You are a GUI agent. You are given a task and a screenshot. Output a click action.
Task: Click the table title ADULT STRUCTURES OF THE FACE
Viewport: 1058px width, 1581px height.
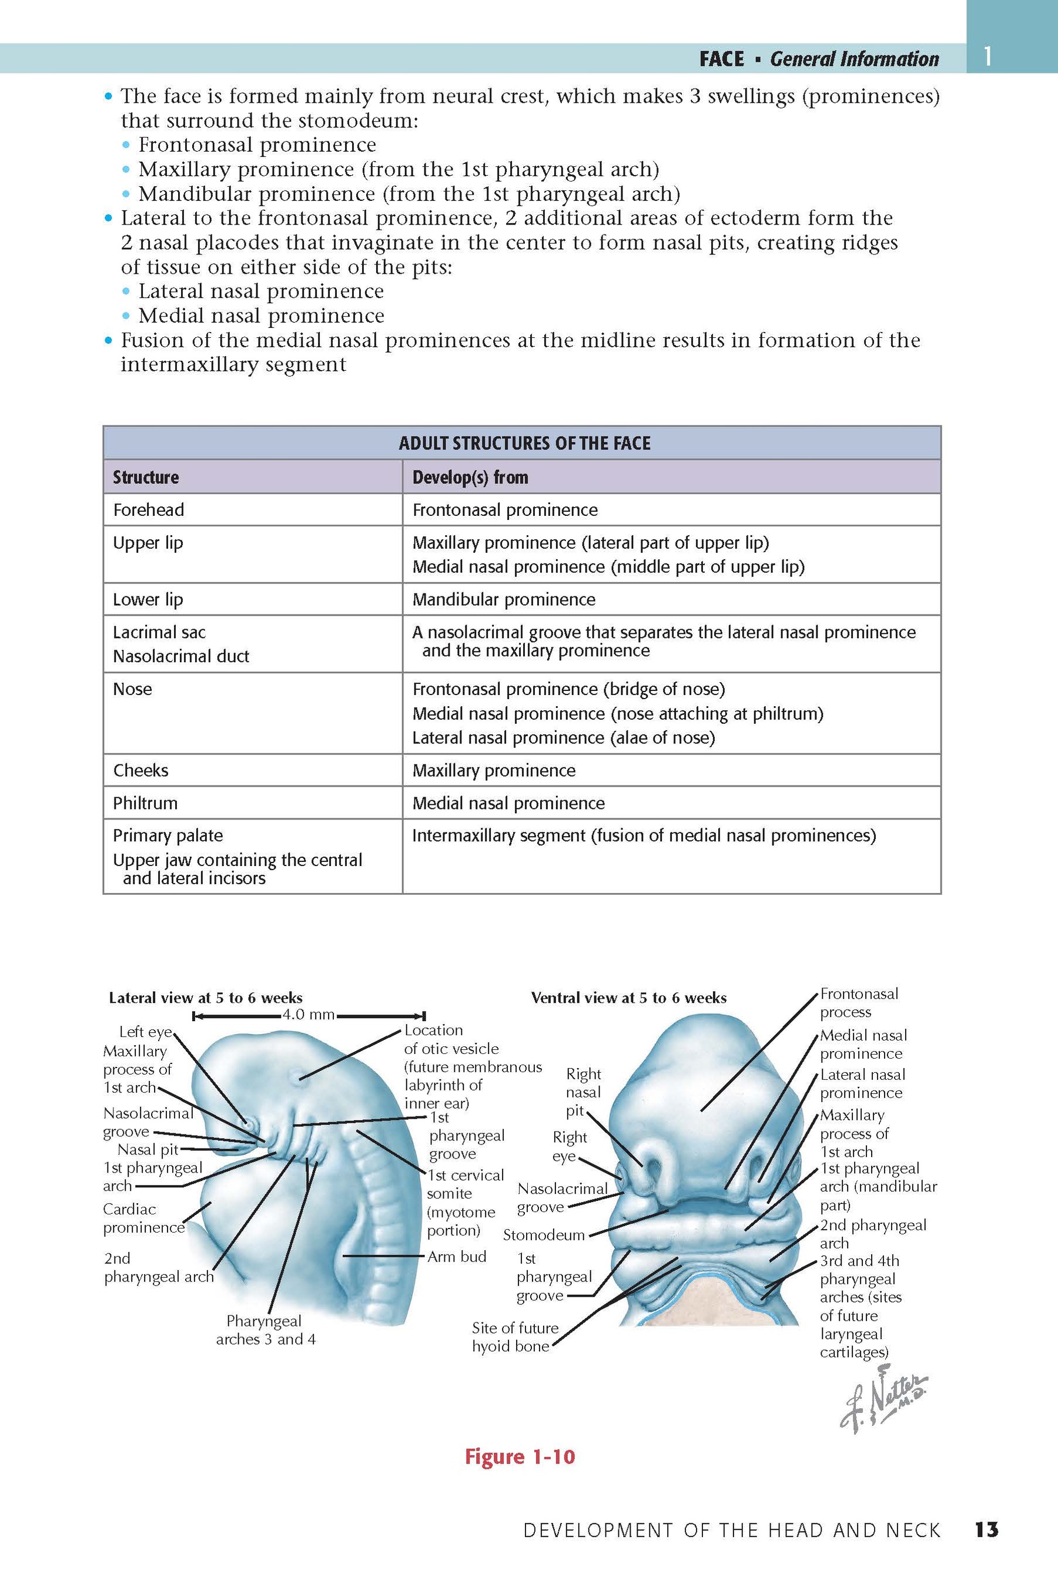524,443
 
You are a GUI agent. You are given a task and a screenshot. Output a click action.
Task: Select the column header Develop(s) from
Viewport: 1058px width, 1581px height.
470,478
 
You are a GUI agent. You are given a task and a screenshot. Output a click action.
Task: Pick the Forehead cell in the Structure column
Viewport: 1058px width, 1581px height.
149,510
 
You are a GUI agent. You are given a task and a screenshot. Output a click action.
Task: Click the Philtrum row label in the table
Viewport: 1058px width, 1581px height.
145,803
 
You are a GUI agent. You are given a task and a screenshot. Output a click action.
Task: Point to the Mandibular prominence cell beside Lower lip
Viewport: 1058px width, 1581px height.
503,600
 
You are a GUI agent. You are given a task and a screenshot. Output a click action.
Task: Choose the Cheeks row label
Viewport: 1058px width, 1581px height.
140,770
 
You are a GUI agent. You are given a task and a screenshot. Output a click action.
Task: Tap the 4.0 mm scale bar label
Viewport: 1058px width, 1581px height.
309,1015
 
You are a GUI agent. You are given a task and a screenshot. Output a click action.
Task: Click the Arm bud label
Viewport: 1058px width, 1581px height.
457,1257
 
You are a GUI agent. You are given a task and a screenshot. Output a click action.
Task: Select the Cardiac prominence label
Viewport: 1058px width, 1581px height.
143,1218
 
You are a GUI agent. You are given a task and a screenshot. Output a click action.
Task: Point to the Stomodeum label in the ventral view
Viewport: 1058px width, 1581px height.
544,1235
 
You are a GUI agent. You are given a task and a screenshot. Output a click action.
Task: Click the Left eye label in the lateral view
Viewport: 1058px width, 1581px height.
145,1031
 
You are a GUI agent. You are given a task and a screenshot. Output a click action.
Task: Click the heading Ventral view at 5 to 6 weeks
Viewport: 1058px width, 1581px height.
628,998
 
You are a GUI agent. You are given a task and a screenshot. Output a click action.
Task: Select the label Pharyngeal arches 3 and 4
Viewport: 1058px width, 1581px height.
265,1330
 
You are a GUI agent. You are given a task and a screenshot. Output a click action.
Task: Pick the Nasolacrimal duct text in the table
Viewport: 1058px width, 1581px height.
181,656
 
